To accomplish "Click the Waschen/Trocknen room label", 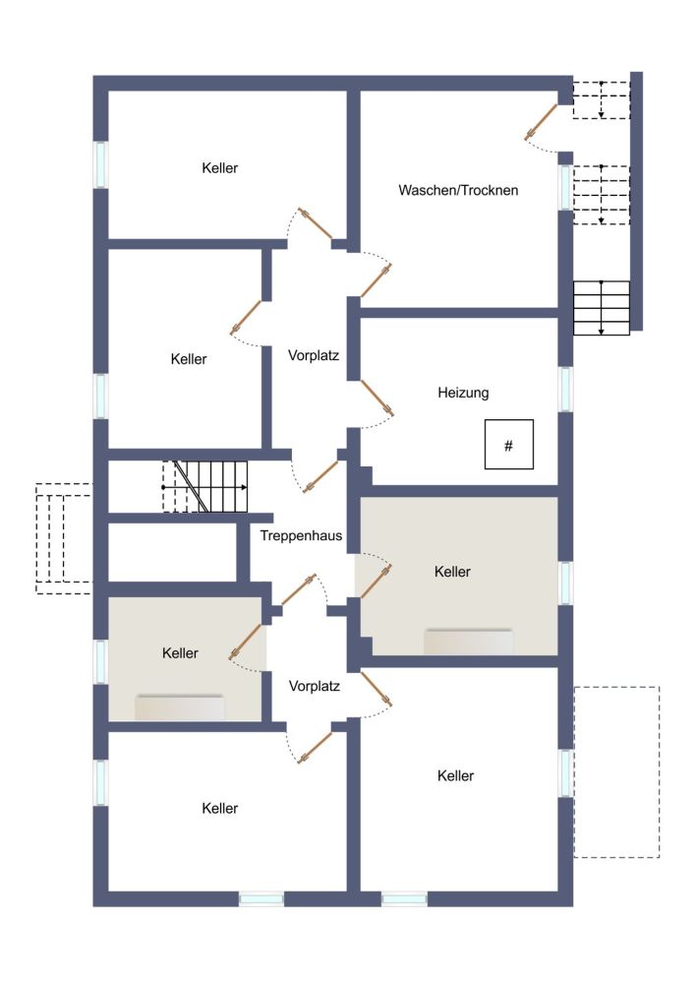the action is pos(458,190).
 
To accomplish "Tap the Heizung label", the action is pos(463,393).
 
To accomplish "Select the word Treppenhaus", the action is pos(301,536).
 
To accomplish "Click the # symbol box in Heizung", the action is pos(509,445).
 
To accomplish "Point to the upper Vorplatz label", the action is pos(314,355).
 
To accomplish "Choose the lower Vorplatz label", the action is pos(314,686).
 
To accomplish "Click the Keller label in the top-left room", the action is pos(220,168).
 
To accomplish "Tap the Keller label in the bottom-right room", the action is pos(455,775).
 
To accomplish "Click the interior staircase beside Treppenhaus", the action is pos(204,486).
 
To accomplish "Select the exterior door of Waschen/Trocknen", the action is pos(541,121).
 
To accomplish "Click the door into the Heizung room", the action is pos(377,398).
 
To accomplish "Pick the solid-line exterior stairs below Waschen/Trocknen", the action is pos(602,308).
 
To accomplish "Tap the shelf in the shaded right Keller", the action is pos(469,642).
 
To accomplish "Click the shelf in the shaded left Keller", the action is pos(180,707).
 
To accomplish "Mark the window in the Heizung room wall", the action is pos(566,389).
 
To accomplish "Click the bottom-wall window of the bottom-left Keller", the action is pos(261,899).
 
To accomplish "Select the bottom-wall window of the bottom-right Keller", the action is pos(404,899).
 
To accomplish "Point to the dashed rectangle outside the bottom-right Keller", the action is pos(616,771).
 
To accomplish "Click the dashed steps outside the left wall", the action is pos(63,538).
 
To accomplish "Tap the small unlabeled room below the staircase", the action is pos(172,552).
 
